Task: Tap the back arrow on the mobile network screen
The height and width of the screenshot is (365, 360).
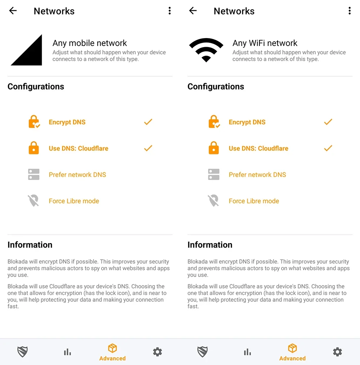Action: point(13,11)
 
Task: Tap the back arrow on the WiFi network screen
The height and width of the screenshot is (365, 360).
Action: point(193,11)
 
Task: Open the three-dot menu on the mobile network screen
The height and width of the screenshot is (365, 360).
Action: point(170,11)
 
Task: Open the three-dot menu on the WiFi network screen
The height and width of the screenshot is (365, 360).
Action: point(350,11)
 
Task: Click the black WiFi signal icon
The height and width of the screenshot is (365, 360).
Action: point(206,49)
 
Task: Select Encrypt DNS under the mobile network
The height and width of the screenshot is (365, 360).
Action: point(67,122)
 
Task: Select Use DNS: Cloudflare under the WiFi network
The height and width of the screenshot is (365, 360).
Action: point(258,149)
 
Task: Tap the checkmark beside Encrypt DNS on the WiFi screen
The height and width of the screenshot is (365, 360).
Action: point(328,122)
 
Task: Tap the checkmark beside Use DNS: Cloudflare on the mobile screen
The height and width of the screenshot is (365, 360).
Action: point(148,148)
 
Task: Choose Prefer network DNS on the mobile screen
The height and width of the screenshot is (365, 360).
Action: point(77,175)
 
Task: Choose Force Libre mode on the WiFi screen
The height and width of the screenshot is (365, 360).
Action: point(254,201)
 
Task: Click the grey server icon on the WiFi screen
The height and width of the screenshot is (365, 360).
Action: point(214,174)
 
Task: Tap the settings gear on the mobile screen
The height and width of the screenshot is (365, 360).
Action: point(158,352)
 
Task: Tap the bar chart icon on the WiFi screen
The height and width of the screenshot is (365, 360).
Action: point(247,352)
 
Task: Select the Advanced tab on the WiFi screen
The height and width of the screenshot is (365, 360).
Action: point(292,352)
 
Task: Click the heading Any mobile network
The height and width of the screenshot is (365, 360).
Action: point(90,43)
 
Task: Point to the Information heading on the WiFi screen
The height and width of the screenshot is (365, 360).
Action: point(210,245)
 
